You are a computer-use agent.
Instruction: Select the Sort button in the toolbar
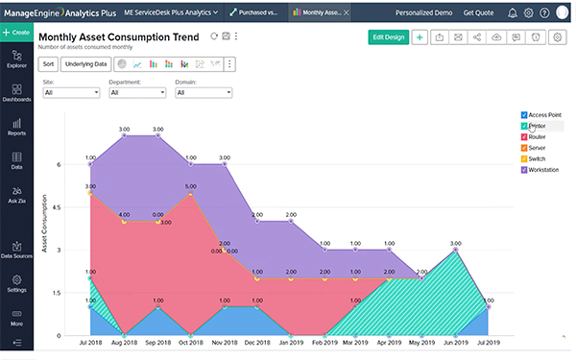pyautogui.click(x=48, y=64)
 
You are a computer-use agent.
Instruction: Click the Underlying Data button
pyautogui.click(x=85, y=64)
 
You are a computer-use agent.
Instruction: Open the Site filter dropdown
pyautogui.click(x=71, y=93)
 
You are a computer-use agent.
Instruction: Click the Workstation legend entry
pyautogui.click(x=543, y=170)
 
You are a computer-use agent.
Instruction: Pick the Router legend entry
pyautogui.click(x=538, y=137)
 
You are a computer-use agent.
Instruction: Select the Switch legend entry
pyautogui.click(x=538, y=159)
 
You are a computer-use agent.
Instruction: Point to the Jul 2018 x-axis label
pyautogui.click(x=90, y=343)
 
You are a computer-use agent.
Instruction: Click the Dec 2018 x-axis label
pyautogui.click(x=256, y=343)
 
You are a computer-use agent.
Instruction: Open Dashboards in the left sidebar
pyautogui.click(x=16, y=92)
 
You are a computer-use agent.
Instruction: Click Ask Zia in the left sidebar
pyautogui.click(x=16, y=195)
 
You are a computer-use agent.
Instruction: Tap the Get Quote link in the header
pyautogui.click(x=479, y=12)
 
